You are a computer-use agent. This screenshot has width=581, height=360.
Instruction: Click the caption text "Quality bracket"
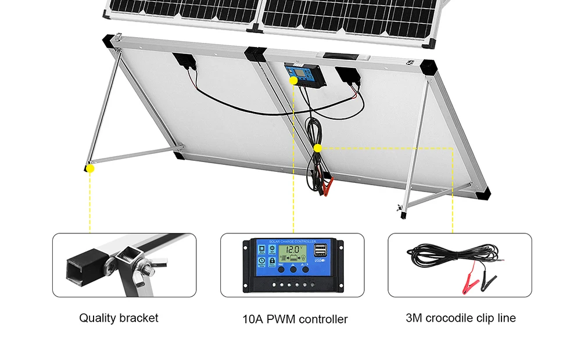pos(119,318)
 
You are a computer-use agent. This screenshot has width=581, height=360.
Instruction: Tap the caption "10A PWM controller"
pos(295,319)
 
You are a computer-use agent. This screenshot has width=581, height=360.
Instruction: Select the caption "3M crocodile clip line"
pos(460,318)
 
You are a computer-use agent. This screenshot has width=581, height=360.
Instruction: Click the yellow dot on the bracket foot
pos(89,168)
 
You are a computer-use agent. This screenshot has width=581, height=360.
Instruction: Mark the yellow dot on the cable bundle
pos(317,148)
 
